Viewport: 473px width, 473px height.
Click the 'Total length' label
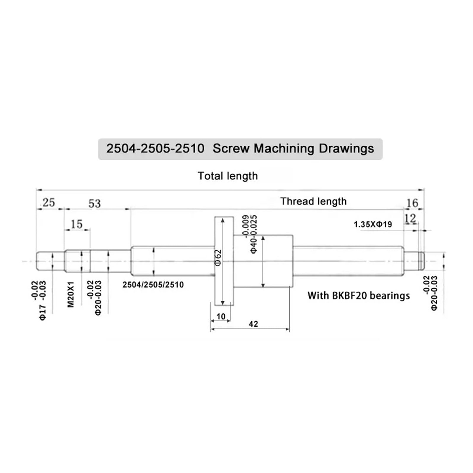click(228, 176)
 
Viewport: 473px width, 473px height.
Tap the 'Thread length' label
click(313, 201)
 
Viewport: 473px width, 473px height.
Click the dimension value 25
click(49, 203)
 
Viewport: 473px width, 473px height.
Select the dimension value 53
click(95, 203)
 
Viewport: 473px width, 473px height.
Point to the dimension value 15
click(77, 224)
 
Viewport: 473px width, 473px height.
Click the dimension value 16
click(412, 203)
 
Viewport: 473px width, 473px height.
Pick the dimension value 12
click(410, 219)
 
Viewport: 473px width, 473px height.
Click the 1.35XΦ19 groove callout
click(373, 224)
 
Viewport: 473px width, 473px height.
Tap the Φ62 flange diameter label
click(218, 257)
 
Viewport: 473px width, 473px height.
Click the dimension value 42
click(253, 324)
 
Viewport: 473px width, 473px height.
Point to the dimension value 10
click(221, 317)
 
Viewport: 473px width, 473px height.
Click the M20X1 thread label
click(71, 294)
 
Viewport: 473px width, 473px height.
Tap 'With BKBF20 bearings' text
click(359, 296)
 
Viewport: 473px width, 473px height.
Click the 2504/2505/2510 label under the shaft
click(153, 285)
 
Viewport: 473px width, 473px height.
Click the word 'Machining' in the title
click(284, 148)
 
